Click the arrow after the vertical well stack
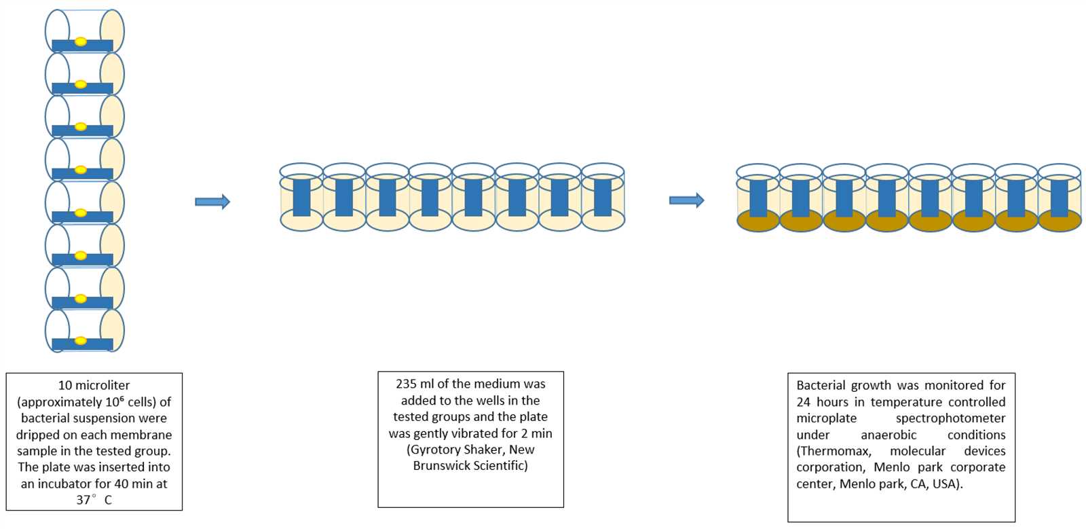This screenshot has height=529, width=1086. point(212,201)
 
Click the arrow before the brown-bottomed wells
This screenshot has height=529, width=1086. point(686,200)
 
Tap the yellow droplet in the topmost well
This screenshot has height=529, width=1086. point(81,41)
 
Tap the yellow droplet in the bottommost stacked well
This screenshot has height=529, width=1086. point(81,341)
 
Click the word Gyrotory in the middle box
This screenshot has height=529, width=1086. point(434,450)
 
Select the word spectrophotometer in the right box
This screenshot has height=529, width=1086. point(950,418)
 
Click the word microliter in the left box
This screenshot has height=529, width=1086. point(94,386)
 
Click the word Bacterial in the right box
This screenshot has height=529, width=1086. point(819,385)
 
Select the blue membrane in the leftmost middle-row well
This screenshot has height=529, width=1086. point(301,198)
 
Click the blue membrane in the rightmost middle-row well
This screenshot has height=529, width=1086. point(603,198)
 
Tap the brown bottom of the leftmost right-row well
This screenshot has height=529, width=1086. point(758,222)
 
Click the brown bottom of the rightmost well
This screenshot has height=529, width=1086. point(1060,222)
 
